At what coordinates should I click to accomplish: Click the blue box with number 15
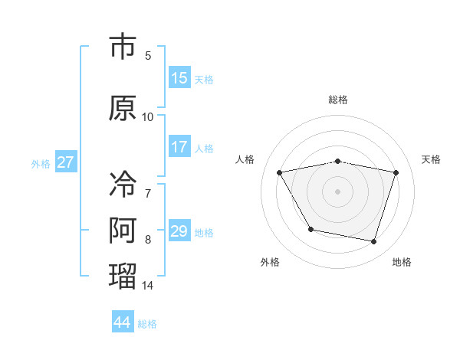click(179, 78)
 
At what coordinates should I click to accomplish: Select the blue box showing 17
click(179, 147)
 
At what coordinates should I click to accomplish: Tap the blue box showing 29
click(179, 231)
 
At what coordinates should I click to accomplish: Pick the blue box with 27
click(66, 162)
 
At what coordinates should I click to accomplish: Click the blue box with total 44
click(123, 322)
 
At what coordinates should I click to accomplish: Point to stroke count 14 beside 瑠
click(148, 286)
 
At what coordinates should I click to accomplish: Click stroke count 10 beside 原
click(148, 117)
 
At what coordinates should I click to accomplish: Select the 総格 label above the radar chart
click(338, 100)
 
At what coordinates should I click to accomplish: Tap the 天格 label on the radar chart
click(431, 159)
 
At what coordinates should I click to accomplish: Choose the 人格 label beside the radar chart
click(245, 159)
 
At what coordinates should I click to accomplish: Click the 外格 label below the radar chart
click(270, 262)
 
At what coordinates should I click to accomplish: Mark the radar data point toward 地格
click(374, 242)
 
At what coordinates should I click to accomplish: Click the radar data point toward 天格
click(396, 172)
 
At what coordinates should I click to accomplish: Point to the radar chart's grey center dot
click(338, 191)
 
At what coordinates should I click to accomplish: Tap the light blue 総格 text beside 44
click(147, 323)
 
